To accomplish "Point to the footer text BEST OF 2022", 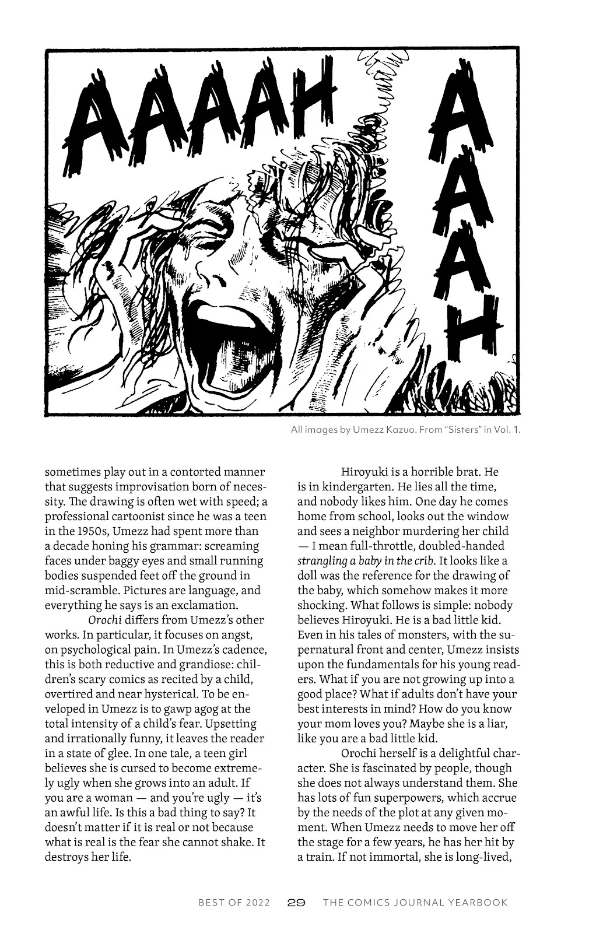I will (x=233, y=903).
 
